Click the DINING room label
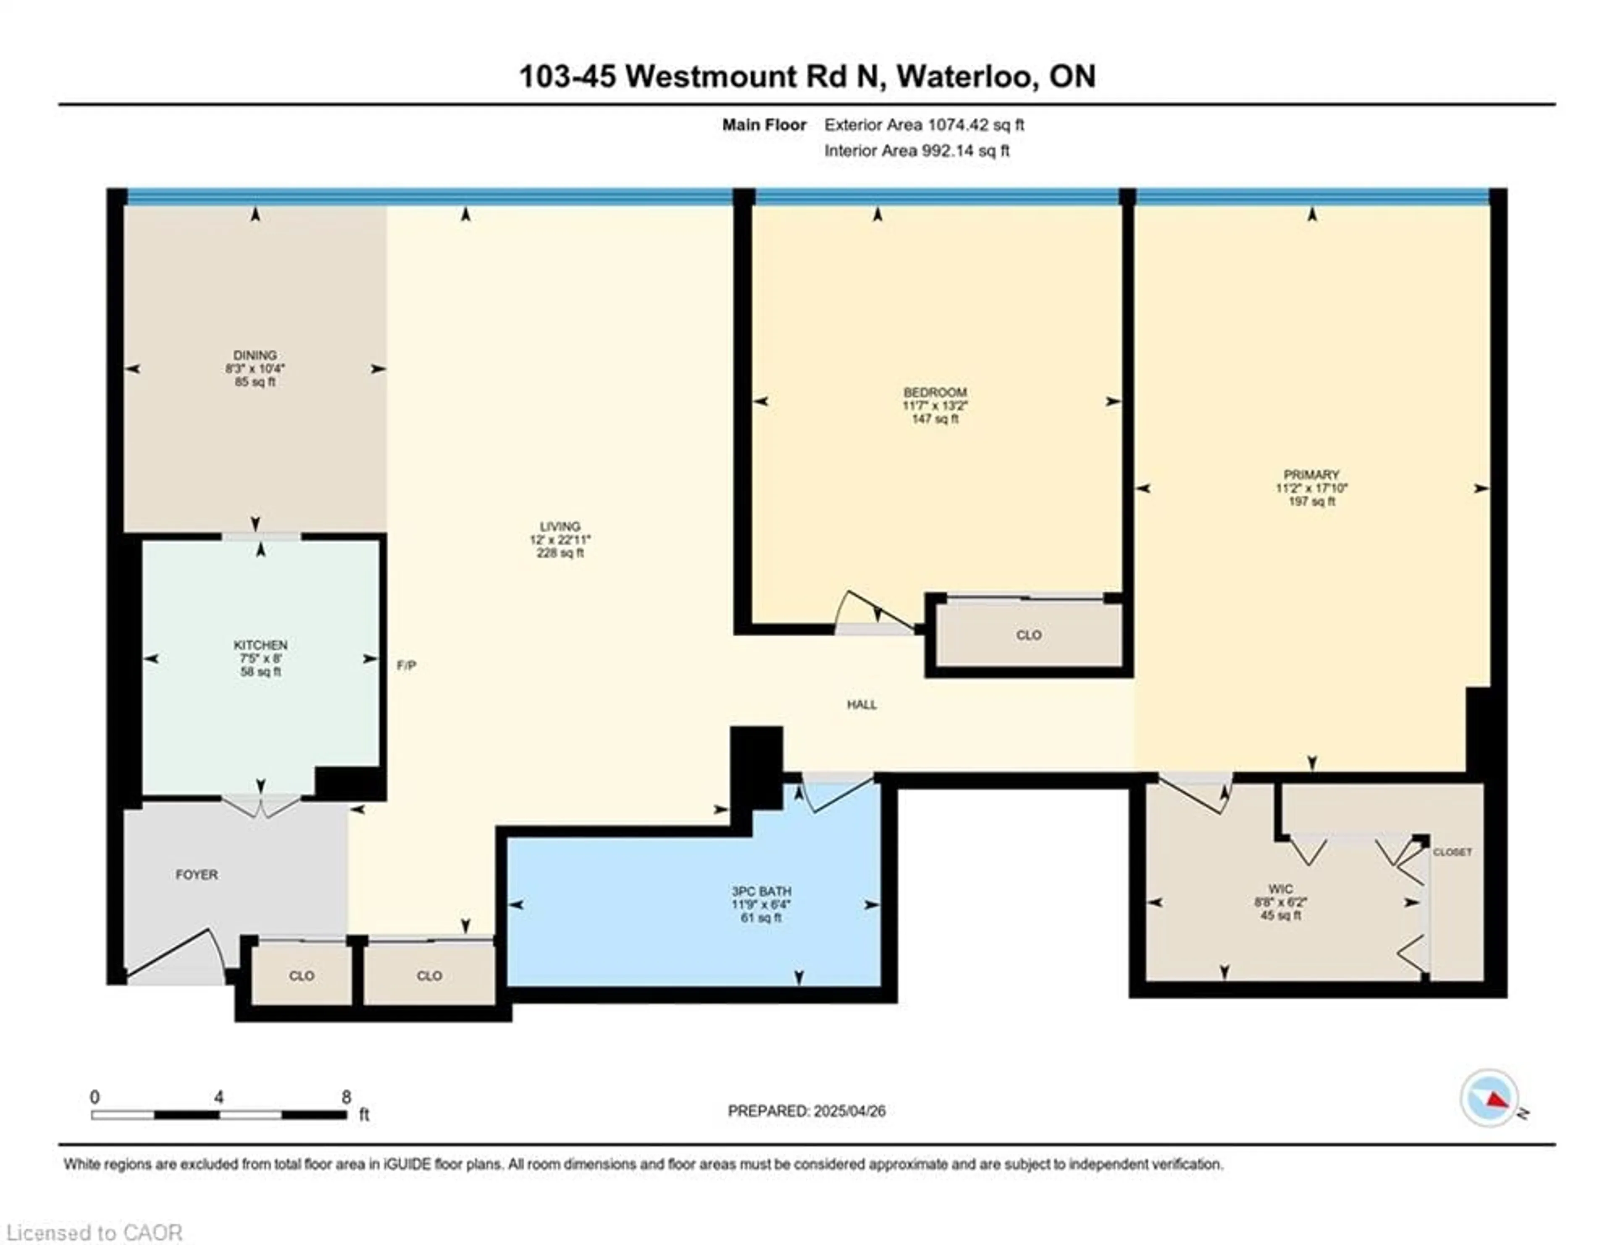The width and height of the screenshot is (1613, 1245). point(255,355)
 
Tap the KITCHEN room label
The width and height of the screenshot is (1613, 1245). point(261,645)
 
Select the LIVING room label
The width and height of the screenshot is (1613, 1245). point(560,526)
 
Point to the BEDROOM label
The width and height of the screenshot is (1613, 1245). point(935,392)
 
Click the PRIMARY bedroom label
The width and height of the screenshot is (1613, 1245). point(1312,475)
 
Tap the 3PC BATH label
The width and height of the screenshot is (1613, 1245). point(762,891)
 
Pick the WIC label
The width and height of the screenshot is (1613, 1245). point(1281,889)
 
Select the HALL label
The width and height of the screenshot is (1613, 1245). point(862,704)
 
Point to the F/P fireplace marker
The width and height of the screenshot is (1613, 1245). point(406,665)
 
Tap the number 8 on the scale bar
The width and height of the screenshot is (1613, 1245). point(347,1097)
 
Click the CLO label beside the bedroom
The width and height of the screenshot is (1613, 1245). point(1029,635)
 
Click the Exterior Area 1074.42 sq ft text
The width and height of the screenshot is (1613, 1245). point(924,125)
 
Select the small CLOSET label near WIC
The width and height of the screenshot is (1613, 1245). point(1453,852)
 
